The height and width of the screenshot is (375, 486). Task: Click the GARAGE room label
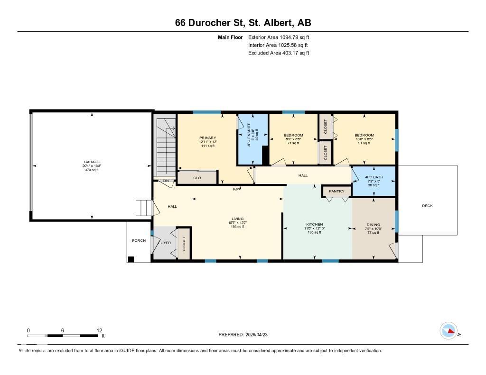pyautogui.click(x=92, y=162)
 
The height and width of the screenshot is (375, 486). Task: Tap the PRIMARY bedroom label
pyautogui.click(x=207, y=138)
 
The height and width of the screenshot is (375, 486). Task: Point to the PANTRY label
pyautogui.click(x=336, y=191)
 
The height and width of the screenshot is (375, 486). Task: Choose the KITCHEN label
pyautogui.click(x=314, y=224)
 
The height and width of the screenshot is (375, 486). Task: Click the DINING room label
pyautogui.click(x=373, y=225)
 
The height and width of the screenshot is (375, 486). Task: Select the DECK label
pyautogui.click(x=427, y=206)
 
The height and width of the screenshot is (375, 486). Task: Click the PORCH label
pyautogui.click(x=139, y=240)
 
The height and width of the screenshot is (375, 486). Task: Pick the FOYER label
pyautogui.click(x=164, y=242)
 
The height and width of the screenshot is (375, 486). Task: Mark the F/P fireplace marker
pyautogui.click(x=235, y=189)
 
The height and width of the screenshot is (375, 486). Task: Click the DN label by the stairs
pyautogui.click(x=166, y=181)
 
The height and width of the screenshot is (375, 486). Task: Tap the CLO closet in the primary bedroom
pyautogui.click(x=197, y=178)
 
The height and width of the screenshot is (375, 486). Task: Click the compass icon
pyautogui.click(x=449, y=330)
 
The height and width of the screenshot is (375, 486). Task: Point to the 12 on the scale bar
pyautogui.click(x=99, y=330)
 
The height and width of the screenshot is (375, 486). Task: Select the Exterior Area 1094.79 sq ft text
pyautogui.click(x=279, y=37)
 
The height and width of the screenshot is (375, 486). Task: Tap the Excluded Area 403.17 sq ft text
pyautogui.click(x=279, y=53)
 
